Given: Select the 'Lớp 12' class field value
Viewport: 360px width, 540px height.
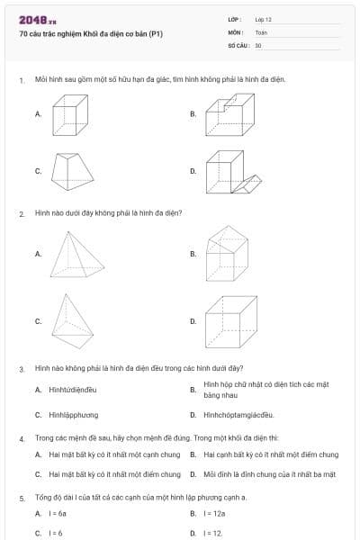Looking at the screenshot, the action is click(264, 19).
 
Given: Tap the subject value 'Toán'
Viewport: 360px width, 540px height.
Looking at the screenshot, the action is click(261, 31).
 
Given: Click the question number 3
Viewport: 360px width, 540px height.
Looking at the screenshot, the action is click(21, 369).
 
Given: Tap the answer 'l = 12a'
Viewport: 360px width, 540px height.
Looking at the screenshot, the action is click(215, 513).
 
